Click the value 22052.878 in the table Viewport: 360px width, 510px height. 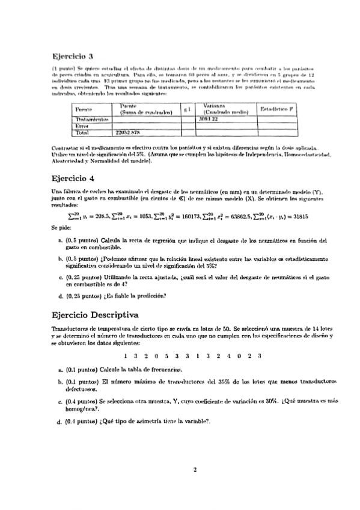click(127, 132)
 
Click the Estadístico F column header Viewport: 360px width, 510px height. click(277, 109)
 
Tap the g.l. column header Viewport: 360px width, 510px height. click(187, 109)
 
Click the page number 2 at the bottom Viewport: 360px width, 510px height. click(195, 470)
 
